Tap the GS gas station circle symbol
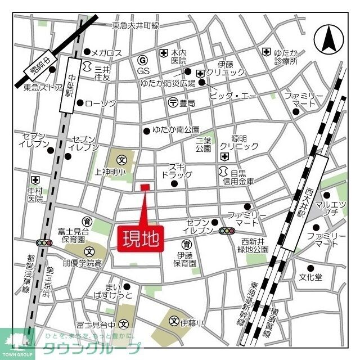(143, 60)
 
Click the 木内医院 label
(178, 56)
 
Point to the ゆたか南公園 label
(176, 130)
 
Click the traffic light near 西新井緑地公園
(227, 231)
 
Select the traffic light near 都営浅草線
(43, 243)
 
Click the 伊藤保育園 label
(184, 258)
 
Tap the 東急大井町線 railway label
(136, 25)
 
